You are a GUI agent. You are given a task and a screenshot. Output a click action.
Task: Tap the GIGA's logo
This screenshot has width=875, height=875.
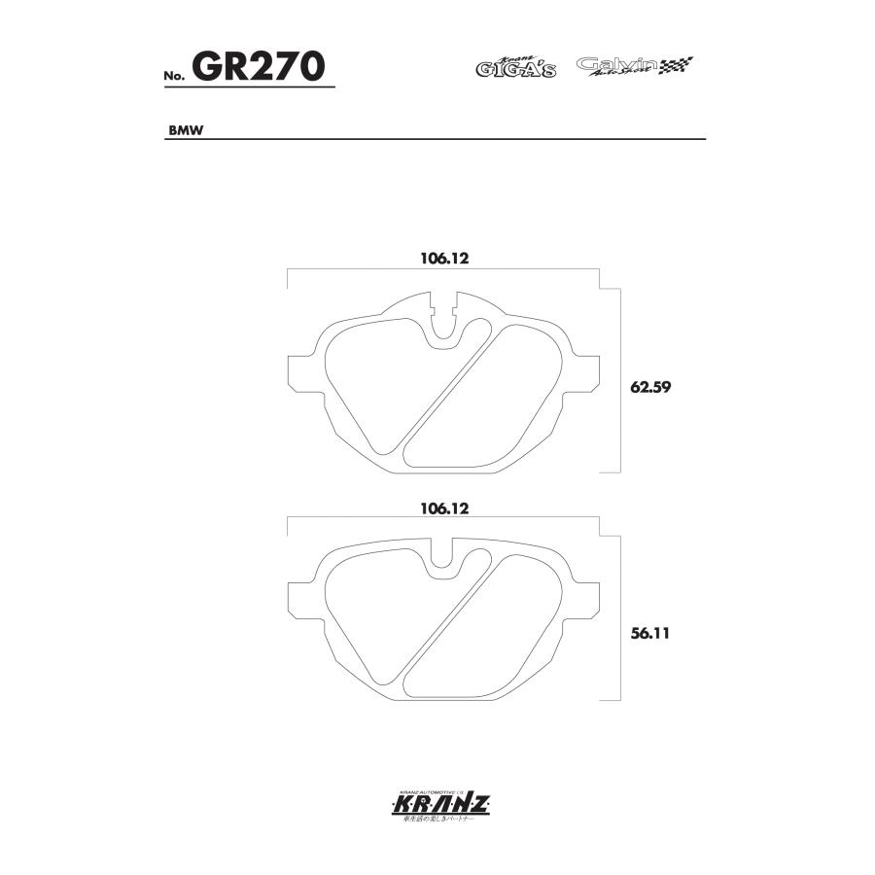click(x=515, y=67)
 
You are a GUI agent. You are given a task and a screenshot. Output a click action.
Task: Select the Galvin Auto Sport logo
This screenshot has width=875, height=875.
click(x=617, y=66)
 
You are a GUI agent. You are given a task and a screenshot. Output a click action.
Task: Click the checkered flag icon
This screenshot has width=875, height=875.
click(x=677, y=66)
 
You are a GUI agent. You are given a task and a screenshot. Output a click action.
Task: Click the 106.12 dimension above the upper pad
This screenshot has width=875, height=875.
click(x=444, y=259)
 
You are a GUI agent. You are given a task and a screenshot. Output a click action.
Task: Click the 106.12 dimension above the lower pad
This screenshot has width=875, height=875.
click(x=444, y=507)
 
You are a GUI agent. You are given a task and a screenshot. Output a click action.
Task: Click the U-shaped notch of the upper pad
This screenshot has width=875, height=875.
click(x=444, y=325)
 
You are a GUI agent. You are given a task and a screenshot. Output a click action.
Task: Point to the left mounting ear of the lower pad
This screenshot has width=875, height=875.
click(x=299, y=603)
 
